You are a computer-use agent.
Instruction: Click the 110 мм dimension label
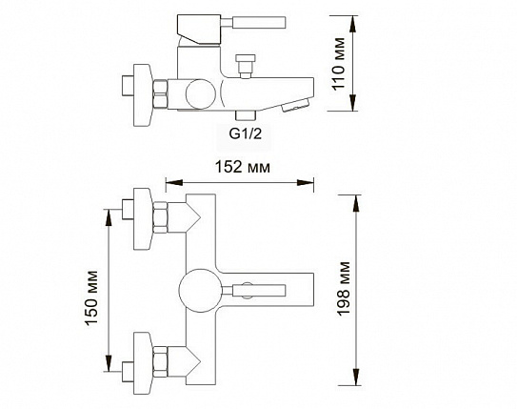pyautogui.click(x=339, y=64)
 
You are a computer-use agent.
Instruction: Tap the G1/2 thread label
pyautogui.click(x=246, y=133)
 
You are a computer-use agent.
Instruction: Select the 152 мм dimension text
pyautogui.click(x=243, y=167)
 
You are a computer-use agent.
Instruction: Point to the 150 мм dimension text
pyautogui.click(x=91, y=298)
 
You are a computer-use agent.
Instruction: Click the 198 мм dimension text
pyautogui.click(x=343, y=289)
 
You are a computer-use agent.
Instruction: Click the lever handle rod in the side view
pyautogui.click(x=253, y=23)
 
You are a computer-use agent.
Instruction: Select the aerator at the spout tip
pyautogui.click(x=295, y=105)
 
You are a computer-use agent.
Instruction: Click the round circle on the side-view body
pyautogui.click(x=201, y=94)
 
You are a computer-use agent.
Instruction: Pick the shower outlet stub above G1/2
pyautogui.click(x=246, y=114)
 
